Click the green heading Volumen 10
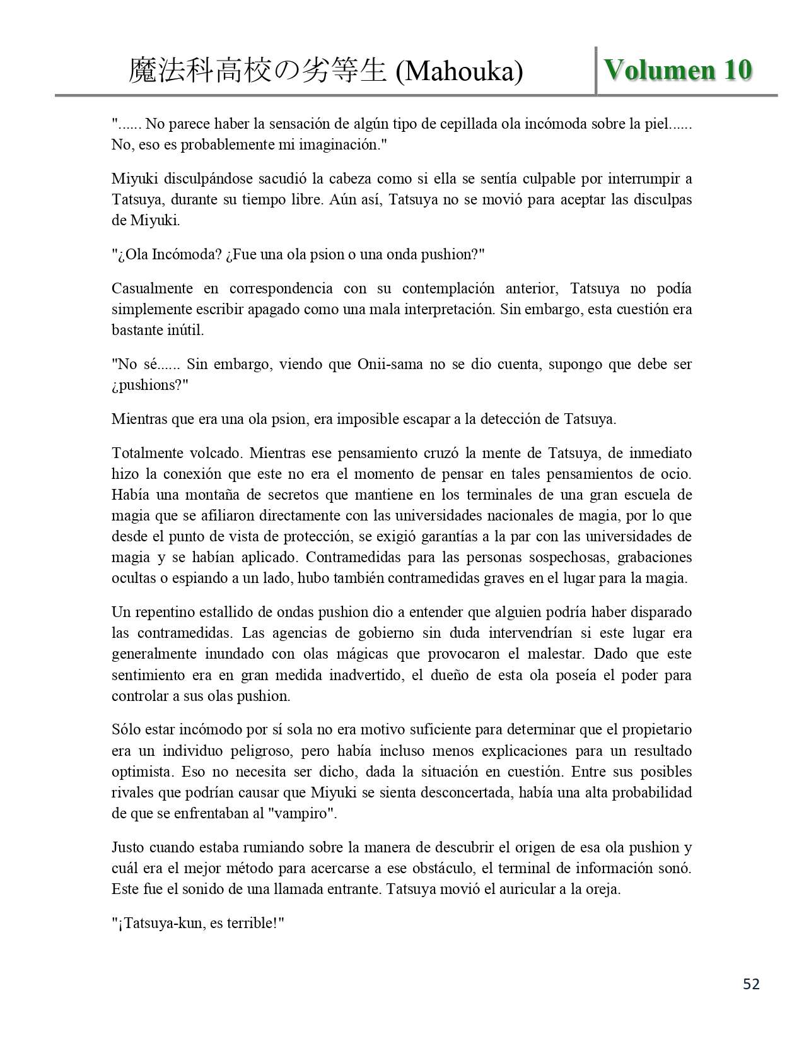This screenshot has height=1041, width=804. [678, 70]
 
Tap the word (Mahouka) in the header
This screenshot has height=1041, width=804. [459, 72]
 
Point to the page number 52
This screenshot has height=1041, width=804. [751, 984]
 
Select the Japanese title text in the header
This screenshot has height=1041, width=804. [257, 71]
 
